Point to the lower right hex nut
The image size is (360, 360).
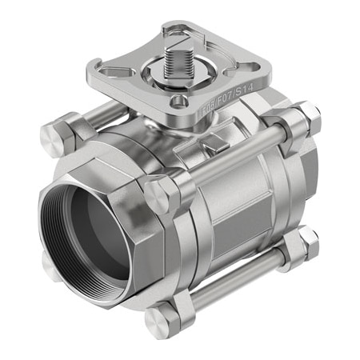click(x=299, y=245)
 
